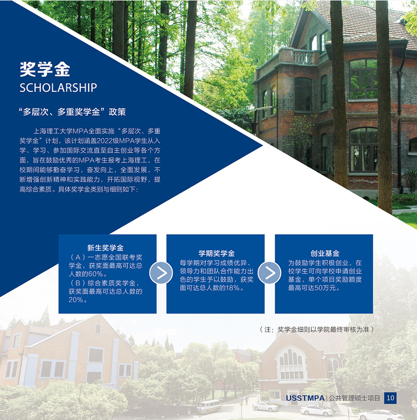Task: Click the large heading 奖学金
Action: coord(45,69)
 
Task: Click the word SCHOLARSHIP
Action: coord(58,88)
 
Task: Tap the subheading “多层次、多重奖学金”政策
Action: coord(72,112)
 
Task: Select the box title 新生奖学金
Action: coord(105,248)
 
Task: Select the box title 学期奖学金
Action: coord(217,253)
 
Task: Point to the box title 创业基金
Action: coord(325,253)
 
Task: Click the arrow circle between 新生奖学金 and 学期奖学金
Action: coord(161,273)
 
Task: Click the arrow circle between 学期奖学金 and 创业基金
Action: coord(269,273)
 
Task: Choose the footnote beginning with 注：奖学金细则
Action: coord(317,329)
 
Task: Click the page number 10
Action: coord(390,398)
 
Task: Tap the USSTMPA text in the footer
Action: coord(305,398)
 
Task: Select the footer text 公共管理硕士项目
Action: coord(354,398)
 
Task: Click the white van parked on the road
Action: coord(209,406)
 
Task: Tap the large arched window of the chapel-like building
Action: coord(291,364)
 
